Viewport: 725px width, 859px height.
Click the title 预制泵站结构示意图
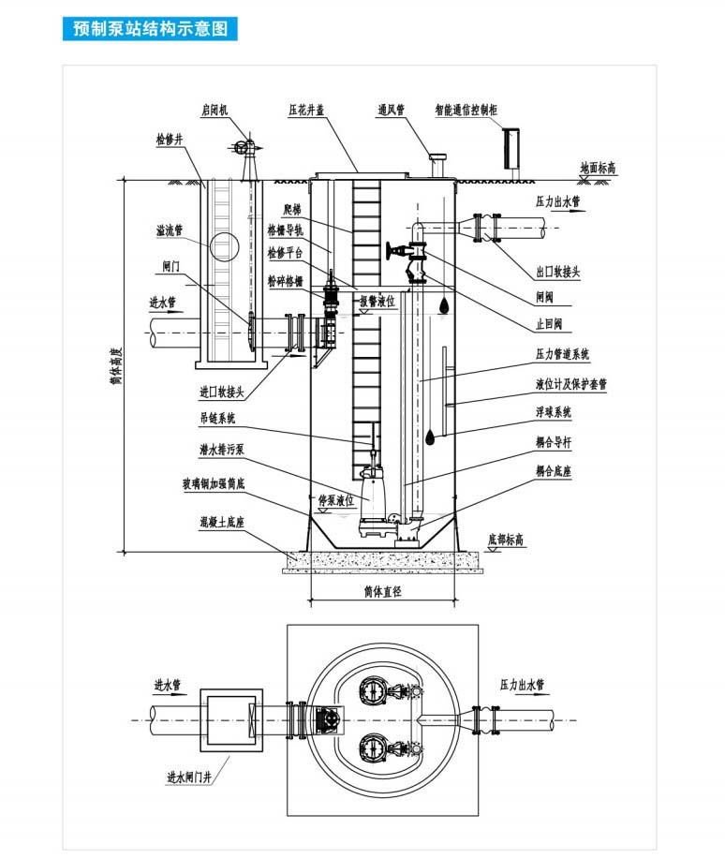click(x=151, y=28)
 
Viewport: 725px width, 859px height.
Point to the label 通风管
click(x=391, y=110)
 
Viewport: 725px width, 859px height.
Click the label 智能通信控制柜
click(x=466, y=110)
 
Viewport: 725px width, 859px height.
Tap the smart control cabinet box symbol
click(x=512, y=145)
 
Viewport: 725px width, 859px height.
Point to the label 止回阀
click(x=549, y=323)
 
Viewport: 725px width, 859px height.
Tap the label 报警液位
click(x=378, y=302)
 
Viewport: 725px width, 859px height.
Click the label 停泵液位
click(x=337, y=500)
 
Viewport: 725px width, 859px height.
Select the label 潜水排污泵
click(x=222, y=451)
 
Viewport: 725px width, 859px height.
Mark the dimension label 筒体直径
click(x=382, y=592)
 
